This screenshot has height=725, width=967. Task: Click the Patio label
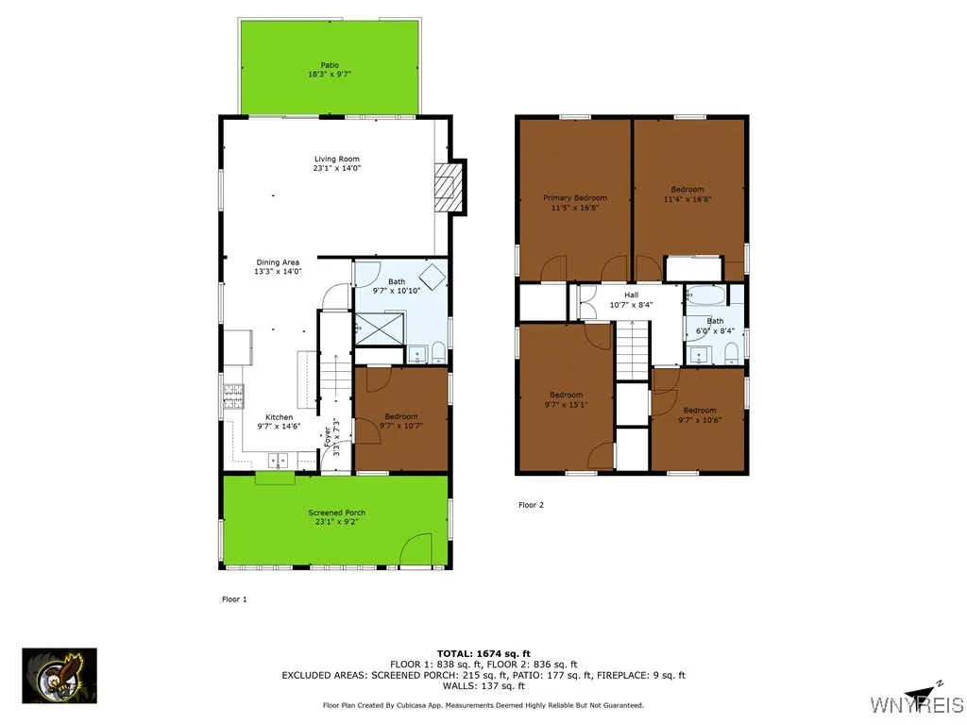[x=330, y=65]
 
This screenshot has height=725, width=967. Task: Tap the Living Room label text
[x=337, y=160]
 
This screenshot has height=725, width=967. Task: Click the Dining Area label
[x=278, y=262]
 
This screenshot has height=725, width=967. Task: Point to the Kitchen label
[x=279, y=417]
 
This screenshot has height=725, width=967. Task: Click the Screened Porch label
[x=336, y=513]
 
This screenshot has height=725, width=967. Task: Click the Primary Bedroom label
[x=574, y=198]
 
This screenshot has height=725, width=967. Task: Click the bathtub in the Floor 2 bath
[x=706, y=294]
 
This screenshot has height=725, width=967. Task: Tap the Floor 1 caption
[x=234, y=599]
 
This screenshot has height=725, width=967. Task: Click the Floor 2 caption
[x=532, y=505]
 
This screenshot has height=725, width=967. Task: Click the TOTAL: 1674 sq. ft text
[x=483, y=653]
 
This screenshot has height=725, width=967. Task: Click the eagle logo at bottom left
[x=59, y=676]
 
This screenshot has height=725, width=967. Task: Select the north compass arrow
[x=922, y=690]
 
